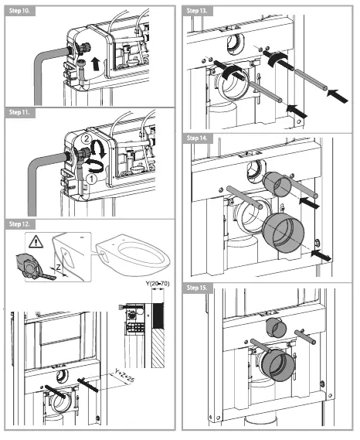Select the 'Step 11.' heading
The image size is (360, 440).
point(21,113)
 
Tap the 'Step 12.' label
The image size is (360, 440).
point(21,223)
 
